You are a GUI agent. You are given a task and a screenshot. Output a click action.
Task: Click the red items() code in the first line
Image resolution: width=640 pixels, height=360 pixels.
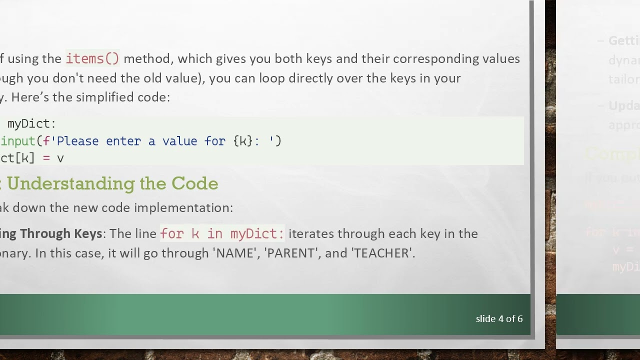[x=92, y=58]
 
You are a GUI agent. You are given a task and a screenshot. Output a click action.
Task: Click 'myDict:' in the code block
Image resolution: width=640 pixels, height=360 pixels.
[x=31, y=123]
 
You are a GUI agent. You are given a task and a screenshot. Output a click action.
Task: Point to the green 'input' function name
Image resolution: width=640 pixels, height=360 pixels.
[x=18, y=141]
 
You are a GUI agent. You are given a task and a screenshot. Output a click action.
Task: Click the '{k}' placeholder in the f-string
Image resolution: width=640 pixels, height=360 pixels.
[x=243, y=141]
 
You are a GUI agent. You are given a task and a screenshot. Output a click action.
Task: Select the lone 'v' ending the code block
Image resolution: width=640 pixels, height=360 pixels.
[x=60, y=158]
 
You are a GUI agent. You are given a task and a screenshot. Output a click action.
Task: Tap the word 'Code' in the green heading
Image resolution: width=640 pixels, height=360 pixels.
[x=194, y=183]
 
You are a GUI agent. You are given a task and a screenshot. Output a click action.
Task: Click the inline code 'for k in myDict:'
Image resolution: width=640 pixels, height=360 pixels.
[x=222, y=233]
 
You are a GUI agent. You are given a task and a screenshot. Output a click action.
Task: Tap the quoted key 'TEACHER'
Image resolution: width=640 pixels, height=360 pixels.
[x=383, y=253]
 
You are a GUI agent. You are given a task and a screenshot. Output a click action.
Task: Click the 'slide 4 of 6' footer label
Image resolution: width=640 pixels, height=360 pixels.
[x=499, y=318]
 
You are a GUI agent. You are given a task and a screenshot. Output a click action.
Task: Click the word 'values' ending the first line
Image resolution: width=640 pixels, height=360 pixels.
[x=501, y=58]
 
